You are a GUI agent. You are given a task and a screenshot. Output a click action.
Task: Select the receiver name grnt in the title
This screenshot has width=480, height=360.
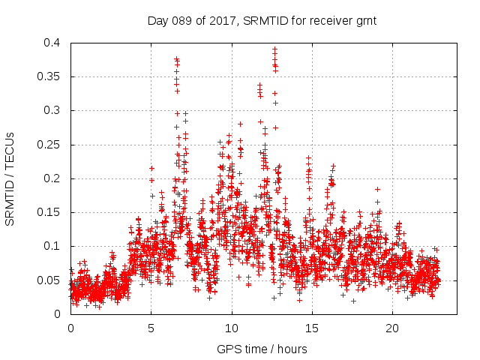[363, 21]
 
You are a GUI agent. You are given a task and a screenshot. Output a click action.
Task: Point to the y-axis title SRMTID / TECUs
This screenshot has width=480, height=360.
[10, 178]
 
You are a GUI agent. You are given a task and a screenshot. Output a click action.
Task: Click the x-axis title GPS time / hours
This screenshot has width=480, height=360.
[262, 349]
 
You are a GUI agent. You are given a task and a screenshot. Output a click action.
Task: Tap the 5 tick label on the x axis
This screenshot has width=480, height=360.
[151, 328]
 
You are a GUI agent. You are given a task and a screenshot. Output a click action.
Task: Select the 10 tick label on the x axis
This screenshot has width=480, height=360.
[231, 328]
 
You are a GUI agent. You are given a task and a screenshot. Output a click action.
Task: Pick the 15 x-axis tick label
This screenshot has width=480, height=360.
[311, 328]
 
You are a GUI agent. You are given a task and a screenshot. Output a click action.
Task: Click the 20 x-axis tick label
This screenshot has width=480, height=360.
[391, 328]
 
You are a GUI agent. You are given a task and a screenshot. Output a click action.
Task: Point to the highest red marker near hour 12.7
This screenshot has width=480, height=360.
[274, 49]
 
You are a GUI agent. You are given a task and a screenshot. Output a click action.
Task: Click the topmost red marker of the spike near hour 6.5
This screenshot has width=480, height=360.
[176, 58]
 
